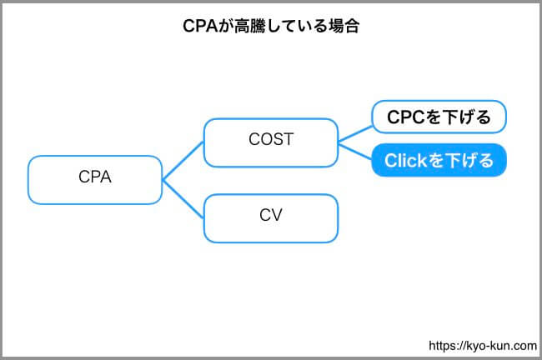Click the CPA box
[x=95, y=180]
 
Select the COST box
[x=271, y=142]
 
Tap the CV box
[x=271, y=218]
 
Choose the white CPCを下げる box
[x=439, y=117]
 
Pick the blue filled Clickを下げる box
[x=439, y=160]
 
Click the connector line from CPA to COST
[x=183, y=161]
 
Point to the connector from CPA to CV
[x=183, y=199]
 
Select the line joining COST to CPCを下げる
[x=355, y=134]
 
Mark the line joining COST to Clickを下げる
[x=355, y=152]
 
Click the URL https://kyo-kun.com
[x=483, y=346]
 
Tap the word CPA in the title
[x=200, y=26]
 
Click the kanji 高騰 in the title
[x=250, y=26]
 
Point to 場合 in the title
[x=344, y=26]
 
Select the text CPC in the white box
[x=405, y=117]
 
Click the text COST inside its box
[x=271, y=139]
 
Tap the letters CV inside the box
[x=271, y=215]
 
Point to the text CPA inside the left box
[x=95, y=177]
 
